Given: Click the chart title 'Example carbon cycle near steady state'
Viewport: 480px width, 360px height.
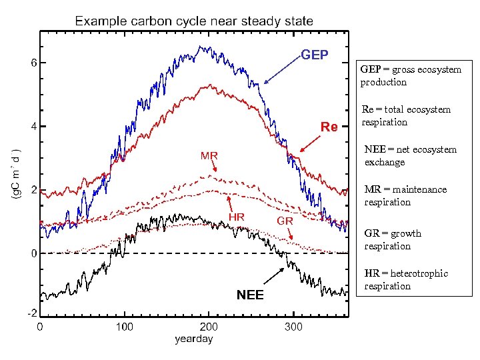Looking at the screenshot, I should pos(193,21).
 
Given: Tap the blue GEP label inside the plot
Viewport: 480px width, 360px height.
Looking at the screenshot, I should pos(315,55).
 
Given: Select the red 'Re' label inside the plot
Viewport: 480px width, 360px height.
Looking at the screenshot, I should pos(329,127).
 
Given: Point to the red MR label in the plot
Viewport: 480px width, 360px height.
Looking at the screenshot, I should pos(209,156).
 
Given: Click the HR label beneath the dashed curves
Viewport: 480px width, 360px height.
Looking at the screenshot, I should pos(237,217).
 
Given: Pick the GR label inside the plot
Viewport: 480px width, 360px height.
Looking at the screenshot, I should pos(285,220).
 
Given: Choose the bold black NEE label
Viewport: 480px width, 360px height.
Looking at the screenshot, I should pos(250,295).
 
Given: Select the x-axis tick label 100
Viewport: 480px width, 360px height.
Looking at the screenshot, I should pos(124,327).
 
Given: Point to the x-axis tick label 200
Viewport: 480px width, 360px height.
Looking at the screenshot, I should pos(209,327).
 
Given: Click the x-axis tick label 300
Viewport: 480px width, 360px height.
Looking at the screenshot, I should pos(293,327).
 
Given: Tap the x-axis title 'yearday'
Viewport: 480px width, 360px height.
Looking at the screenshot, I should pos(193,339).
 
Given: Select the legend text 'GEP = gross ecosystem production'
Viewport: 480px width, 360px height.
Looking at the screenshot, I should pos(410,75).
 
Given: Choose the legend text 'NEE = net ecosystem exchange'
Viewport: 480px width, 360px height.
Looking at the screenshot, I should pos(410,155).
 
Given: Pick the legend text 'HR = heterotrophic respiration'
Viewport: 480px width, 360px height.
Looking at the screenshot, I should pos(406,279).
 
